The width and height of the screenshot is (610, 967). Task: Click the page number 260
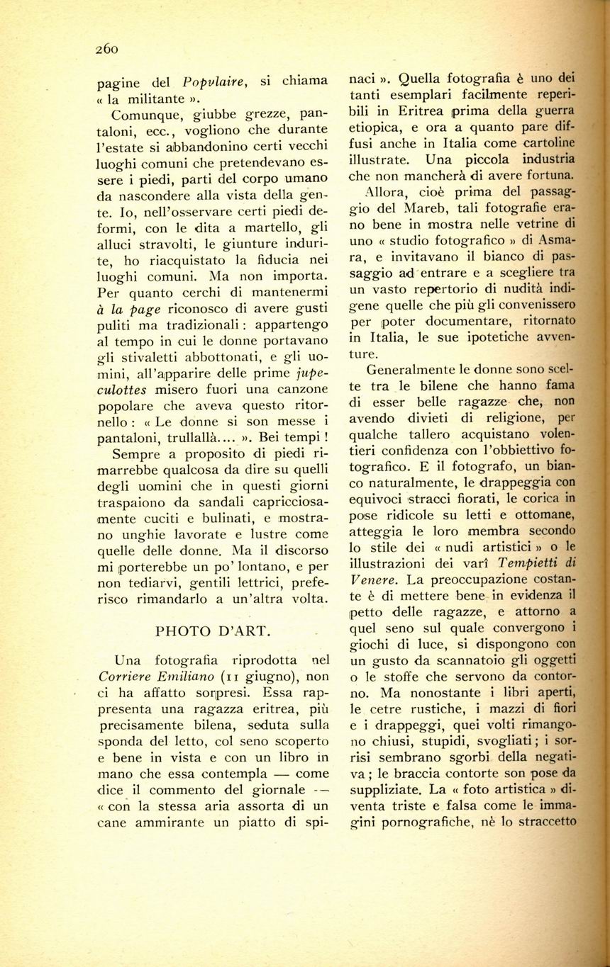[x=106, y=49]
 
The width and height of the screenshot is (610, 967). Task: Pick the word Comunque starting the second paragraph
[x=143, y=113]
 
